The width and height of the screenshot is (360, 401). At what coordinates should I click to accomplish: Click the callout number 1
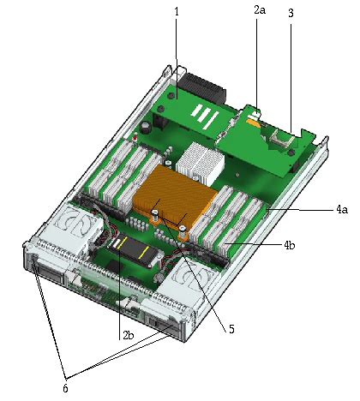177,12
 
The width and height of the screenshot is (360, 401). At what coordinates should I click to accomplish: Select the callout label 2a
260,9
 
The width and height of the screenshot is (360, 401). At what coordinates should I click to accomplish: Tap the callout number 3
291,14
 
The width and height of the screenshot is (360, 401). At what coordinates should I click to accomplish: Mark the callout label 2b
127,335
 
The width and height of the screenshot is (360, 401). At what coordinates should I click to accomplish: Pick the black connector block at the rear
200,87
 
